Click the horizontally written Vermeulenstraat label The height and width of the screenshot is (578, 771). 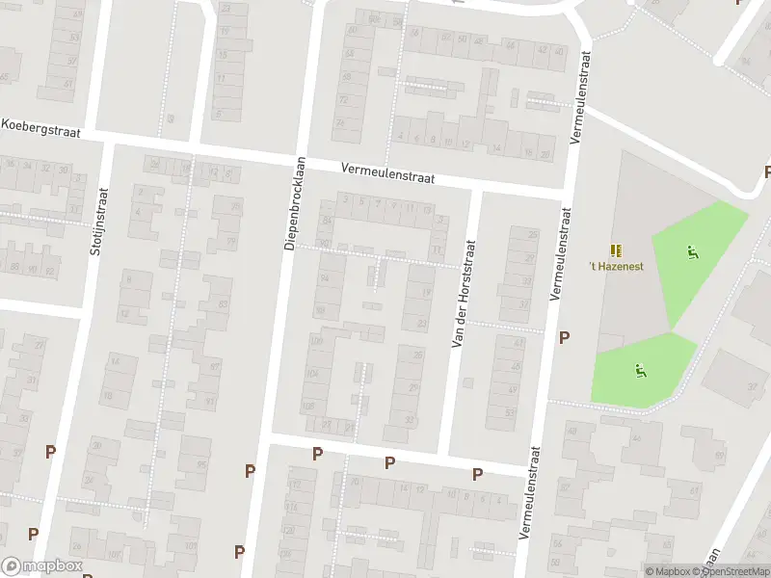pos(387,172)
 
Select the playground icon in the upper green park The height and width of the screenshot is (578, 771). pos(691,252)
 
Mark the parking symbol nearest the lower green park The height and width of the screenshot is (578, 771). pos(565,337)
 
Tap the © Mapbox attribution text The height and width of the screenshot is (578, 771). pos(667,571)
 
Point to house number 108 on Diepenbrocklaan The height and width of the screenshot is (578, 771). pos(309,407)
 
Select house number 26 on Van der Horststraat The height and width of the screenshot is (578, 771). pos(417,355)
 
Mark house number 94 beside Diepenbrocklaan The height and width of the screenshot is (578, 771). pos(324,278)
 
